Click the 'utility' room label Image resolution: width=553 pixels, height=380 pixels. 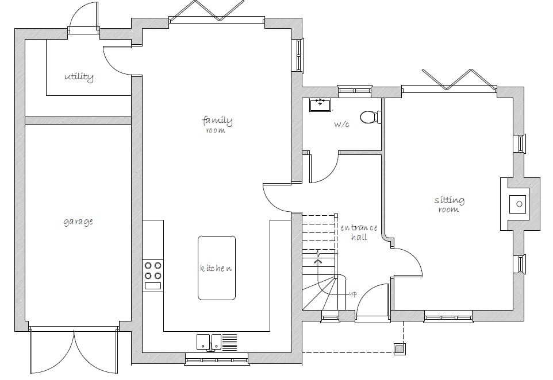79,77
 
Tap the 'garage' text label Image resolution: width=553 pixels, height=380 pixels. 78,222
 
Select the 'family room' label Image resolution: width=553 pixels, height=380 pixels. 217,125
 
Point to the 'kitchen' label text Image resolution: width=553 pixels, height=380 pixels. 216,269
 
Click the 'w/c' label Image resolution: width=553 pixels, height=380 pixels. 341,124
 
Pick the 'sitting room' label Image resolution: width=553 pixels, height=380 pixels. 449,204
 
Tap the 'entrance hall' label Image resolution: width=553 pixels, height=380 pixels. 359,232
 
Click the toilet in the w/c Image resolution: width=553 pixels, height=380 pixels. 370,117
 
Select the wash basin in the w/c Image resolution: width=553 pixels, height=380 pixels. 320,104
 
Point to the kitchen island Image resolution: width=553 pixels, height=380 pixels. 217,267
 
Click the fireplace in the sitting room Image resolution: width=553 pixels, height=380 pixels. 519,204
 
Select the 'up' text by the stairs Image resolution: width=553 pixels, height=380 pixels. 353,294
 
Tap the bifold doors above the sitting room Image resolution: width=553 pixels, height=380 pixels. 458,79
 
